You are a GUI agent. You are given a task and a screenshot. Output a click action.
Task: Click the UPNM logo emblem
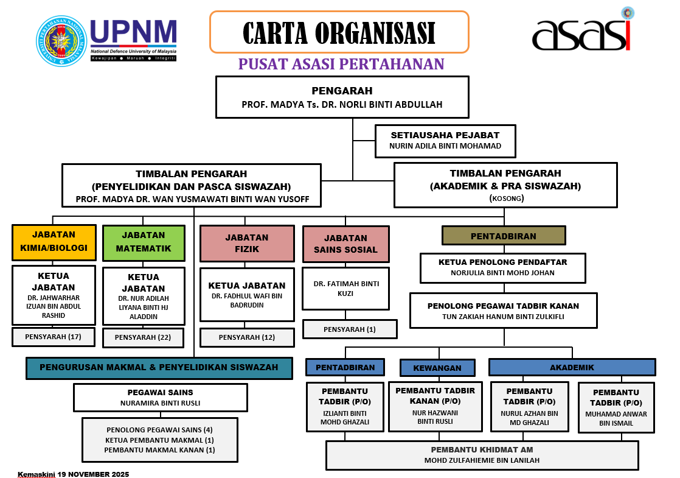pos(61,41)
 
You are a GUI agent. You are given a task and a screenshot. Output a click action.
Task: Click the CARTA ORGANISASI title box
pos(339,32)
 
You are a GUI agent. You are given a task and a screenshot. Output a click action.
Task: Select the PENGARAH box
pos(342,97)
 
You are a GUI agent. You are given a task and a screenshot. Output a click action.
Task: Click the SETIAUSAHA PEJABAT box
pos(445,141)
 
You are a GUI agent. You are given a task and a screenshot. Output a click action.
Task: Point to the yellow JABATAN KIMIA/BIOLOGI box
pos(54,242)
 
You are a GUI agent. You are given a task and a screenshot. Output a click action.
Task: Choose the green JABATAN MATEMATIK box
pos(144,242)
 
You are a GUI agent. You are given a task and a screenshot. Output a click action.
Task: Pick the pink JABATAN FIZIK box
pos(247,244)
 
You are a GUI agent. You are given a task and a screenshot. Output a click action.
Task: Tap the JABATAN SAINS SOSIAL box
pos(345,244)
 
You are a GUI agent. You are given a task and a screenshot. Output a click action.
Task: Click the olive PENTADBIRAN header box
pos(504,236)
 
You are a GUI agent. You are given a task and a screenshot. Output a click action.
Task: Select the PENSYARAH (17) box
pos(54,337)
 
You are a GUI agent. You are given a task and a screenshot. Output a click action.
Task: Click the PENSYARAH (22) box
pos(143,337)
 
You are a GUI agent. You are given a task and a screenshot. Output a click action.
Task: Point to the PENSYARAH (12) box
pos(247,337)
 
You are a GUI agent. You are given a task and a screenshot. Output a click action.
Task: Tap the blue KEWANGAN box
pos(437,368)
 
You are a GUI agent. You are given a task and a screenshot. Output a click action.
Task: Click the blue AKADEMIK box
pos(572,367)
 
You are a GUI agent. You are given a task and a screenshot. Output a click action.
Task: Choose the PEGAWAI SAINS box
pos(160,398)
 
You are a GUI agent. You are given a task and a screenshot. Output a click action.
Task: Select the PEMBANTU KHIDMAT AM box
pos(482,455)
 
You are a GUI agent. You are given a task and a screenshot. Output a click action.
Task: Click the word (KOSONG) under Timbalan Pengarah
pos(506,199)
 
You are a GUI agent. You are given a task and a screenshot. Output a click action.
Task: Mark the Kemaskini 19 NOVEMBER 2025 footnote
pos(73,474)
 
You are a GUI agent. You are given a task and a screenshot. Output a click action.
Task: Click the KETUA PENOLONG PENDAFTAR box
pos(502,268)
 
